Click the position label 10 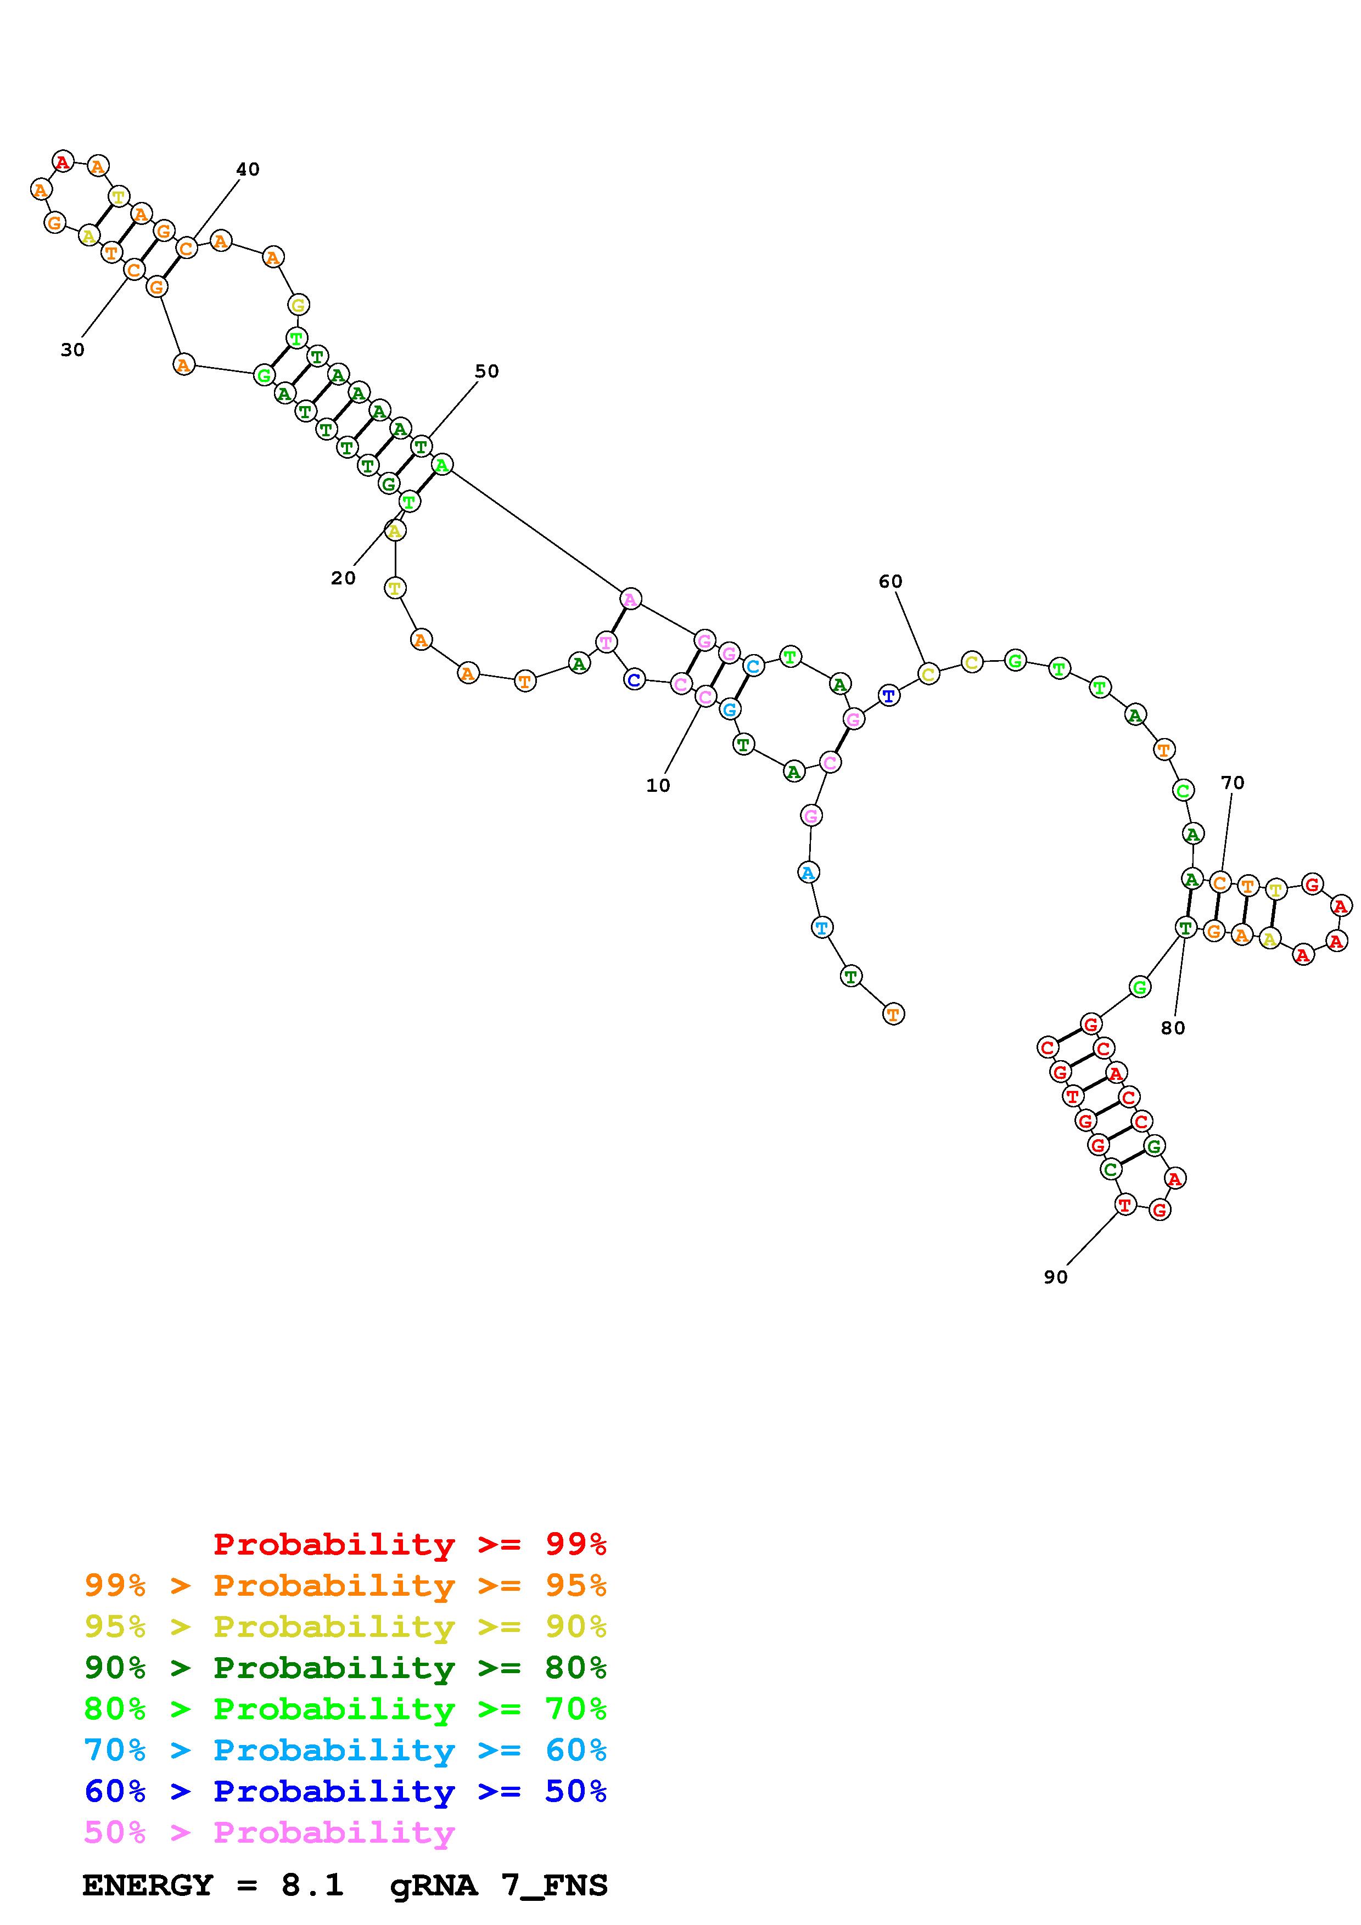(658, 786)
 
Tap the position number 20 (343, 578)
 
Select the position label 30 (73, 351)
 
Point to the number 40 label (248, 170)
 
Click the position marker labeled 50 (486, 372)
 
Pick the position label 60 (890, 582)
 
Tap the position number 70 (1233, 783)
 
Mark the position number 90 (1056, 1277)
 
